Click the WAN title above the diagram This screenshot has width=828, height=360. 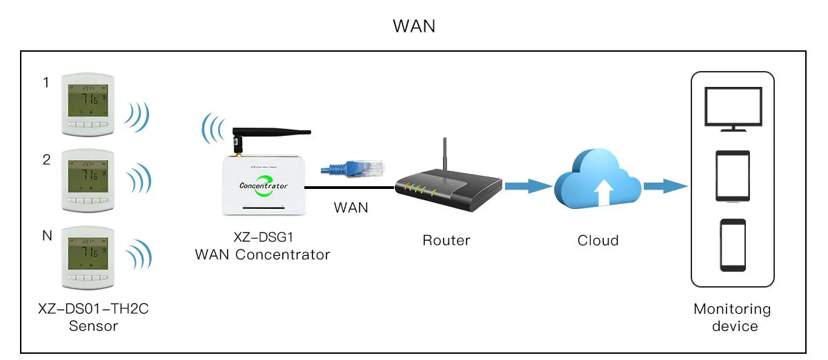click(414, 26)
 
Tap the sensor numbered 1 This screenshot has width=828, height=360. click(86, 104)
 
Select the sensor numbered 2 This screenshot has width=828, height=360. click(86, 181)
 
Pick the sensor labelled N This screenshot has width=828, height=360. click(86, 258)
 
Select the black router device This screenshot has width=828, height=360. click(448, 190)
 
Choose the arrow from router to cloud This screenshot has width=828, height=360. click(528, 186)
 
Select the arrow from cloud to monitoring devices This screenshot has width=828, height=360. click(665, 186)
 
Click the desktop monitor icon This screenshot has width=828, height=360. click(733, 109)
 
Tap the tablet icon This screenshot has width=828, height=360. click(733, 177)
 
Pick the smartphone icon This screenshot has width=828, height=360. click(733, 245)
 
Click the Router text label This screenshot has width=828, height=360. click(446, 241)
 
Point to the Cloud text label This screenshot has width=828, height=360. click(598, 241)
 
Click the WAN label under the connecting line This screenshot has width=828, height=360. click(351, 207)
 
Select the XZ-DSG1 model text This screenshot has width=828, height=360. click(262, 237)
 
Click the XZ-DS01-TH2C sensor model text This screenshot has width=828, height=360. click(93, 310)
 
